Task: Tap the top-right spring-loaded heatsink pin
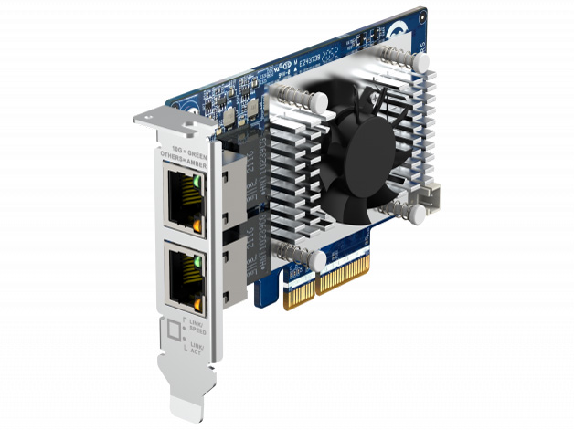pyautogui.click(x=420, y=61)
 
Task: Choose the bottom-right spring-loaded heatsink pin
pyautogui.click(x=417, y=214)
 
